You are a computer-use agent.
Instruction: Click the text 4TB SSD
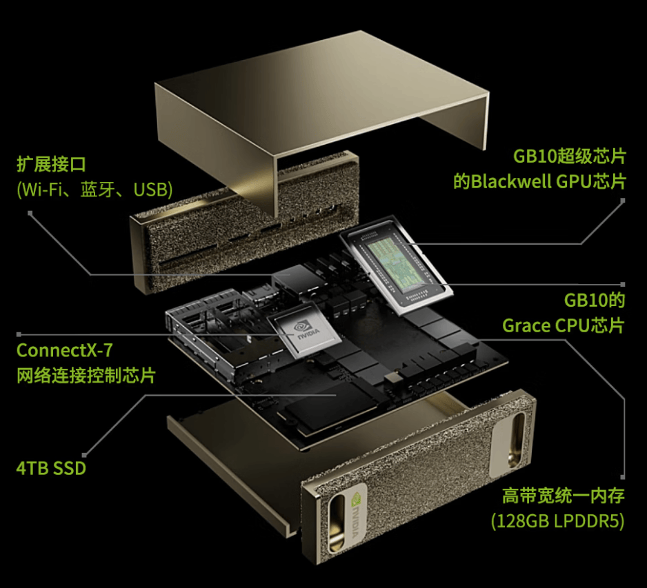tap(51, 469)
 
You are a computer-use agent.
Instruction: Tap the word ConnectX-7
tap(64, 350)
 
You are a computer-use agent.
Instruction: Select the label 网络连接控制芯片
tap(86, 376)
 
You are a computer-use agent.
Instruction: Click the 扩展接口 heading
tap(51, 164)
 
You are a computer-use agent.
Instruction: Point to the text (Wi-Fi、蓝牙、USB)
tap(94, 190)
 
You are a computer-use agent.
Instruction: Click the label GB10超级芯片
tap(570, 156)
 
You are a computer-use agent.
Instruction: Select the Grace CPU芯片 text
tap(564, 326)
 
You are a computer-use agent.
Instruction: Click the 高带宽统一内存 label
tap(564, 496)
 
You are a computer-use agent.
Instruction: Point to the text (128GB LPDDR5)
tap(557, 521)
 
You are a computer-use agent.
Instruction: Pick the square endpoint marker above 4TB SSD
tap(84, 455)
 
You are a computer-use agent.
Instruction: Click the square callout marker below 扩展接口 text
tap(30, 213)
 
